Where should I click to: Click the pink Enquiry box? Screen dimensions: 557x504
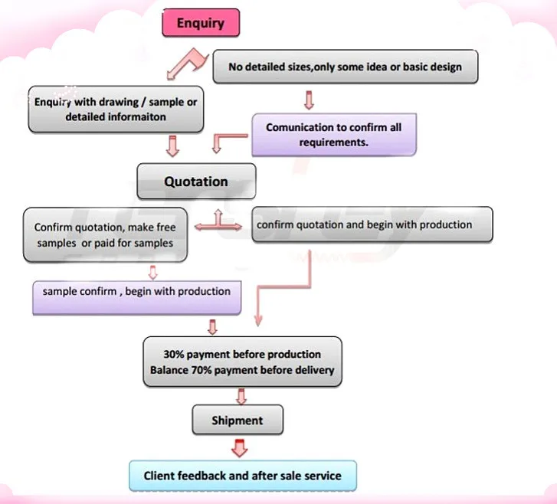tap(201, 23)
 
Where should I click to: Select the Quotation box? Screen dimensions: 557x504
tap(196, 181)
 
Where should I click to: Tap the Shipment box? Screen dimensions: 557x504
tap(238, 420)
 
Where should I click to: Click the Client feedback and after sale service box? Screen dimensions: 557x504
tap(243, 476)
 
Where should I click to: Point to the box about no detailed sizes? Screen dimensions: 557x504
tap(346, 67)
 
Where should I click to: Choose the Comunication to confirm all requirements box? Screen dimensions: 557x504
tap(334, 135)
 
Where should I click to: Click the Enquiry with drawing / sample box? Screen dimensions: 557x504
tap(116, 110)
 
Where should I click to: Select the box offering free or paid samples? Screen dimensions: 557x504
tap(105, 235)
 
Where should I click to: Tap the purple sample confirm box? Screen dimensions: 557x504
tap(137, 298)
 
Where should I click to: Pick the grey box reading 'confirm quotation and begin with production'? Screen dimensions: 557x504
tap(372, 224)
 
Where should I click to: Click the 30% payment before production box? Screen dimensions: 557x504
tap(243, 362)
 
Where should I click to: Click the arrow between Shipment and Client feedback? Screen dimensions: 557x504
tap(239, 448)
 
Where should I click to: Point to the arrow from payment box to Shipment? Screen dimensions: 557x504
tap(241, 396)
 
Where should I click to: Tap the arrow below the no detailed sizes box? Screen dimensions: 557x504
tap(309, 100)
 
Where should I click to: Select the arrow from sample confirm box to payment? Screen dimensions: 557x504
tap(212, 327)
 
